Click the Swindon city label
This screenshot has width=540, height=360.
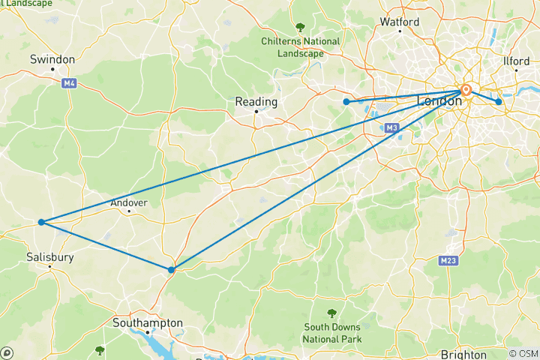[x=52, y=59]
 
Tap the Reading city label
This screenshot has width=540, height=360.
[x=256, y=102]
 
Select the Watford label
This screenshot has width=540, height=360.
[x=400, y=22]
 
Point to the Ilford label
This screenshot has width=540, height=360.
[x=517, y=61]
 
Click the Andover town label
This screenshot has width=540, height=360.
[x=129, y=202]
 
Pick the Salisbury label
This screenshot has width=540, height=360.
[x=50, y=256]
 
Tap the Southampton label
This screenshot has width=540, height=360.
[x=147, y=323]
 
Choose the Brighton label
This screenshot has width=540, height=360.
[x=463, y=355]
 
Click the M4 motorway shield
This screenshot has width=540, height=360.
[x=70, y=83]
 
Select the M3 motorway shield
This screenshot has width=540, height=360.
[x=391, y=128]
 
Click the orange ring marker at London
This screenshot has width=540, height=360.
[x=466, y=90]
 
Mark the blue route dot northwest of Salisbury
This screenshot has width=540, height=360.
[x=41, y=222]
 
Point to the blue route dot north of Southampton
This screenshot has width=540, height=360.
[x=172, y=269]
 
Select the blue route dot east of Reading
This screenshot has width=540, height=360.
[x=346, y=102]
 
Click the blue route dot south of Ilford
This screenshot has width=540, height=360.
[x=498, y=102]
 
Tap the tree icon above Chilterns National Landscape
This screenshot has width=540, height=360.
[x=300, y=27]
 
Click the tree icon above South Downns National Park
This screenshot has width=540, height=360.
[x=331, y=313]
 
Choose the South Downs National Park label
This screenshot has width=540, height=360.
[x=331, y=333]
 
